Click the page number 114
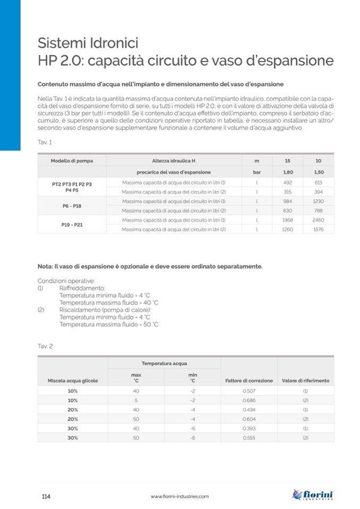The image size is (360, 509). [46, 496]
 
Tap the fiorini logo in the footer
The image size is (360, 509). [313, 496]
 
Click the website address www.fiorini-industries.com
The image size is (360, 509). [179, 496]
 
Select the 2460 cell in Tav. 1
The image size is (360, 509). [318, 220]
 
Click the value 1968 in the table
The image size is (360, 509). [287, 220]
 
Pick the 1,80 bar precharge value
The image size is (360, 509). [287, 172]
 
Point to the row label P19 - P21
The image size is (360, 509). [72, 225]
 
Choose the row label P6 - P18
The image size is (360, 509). [72, 205]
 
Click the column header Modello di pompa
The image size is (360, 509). [72, 160]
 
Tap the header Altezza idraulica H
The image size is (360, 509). [174, 160]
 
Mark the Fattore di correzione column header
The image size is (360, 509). [249, 381]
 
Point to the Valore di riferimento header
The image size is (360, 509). [305, 381]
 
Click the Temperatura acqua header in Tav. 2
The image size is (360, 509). [164, 363]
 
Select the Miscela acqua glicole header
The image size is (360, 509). [73, 381]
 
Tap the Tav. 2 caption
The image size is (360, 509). [45, 346]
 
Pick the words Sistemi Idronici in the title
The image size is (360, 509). [88, 42]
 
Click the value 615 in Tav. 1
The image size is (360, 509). [318, 182]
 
